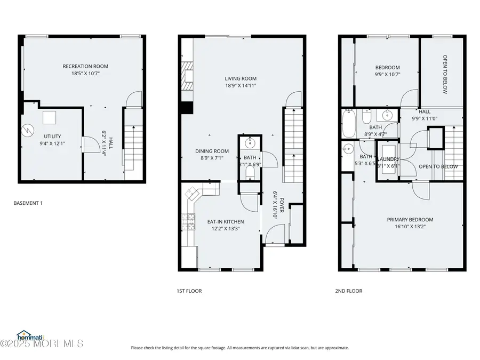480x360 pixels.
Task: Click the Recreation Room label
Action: (x=85, y=67)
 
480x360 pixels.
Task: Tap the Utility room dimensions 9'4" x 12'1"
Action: (x=52, y=143)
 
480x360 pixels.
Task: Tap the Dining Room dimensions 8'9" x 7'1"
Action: (x=212, y=158)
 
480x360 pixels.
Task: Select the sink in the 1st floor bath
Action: (x=250, y=143)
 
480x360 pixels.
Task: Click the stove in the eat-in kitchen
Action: (x=188, y=221)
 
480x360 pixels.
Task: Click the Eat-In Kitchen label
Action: (x=226, y=222)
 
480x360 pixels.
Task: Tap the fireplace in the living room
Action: (x=186, y=77)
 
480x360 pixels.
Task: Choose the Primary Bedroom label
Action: (x=410, y=220)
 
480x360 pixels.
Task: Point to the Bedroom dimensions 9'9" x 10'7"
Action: (x=387, y=74)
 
